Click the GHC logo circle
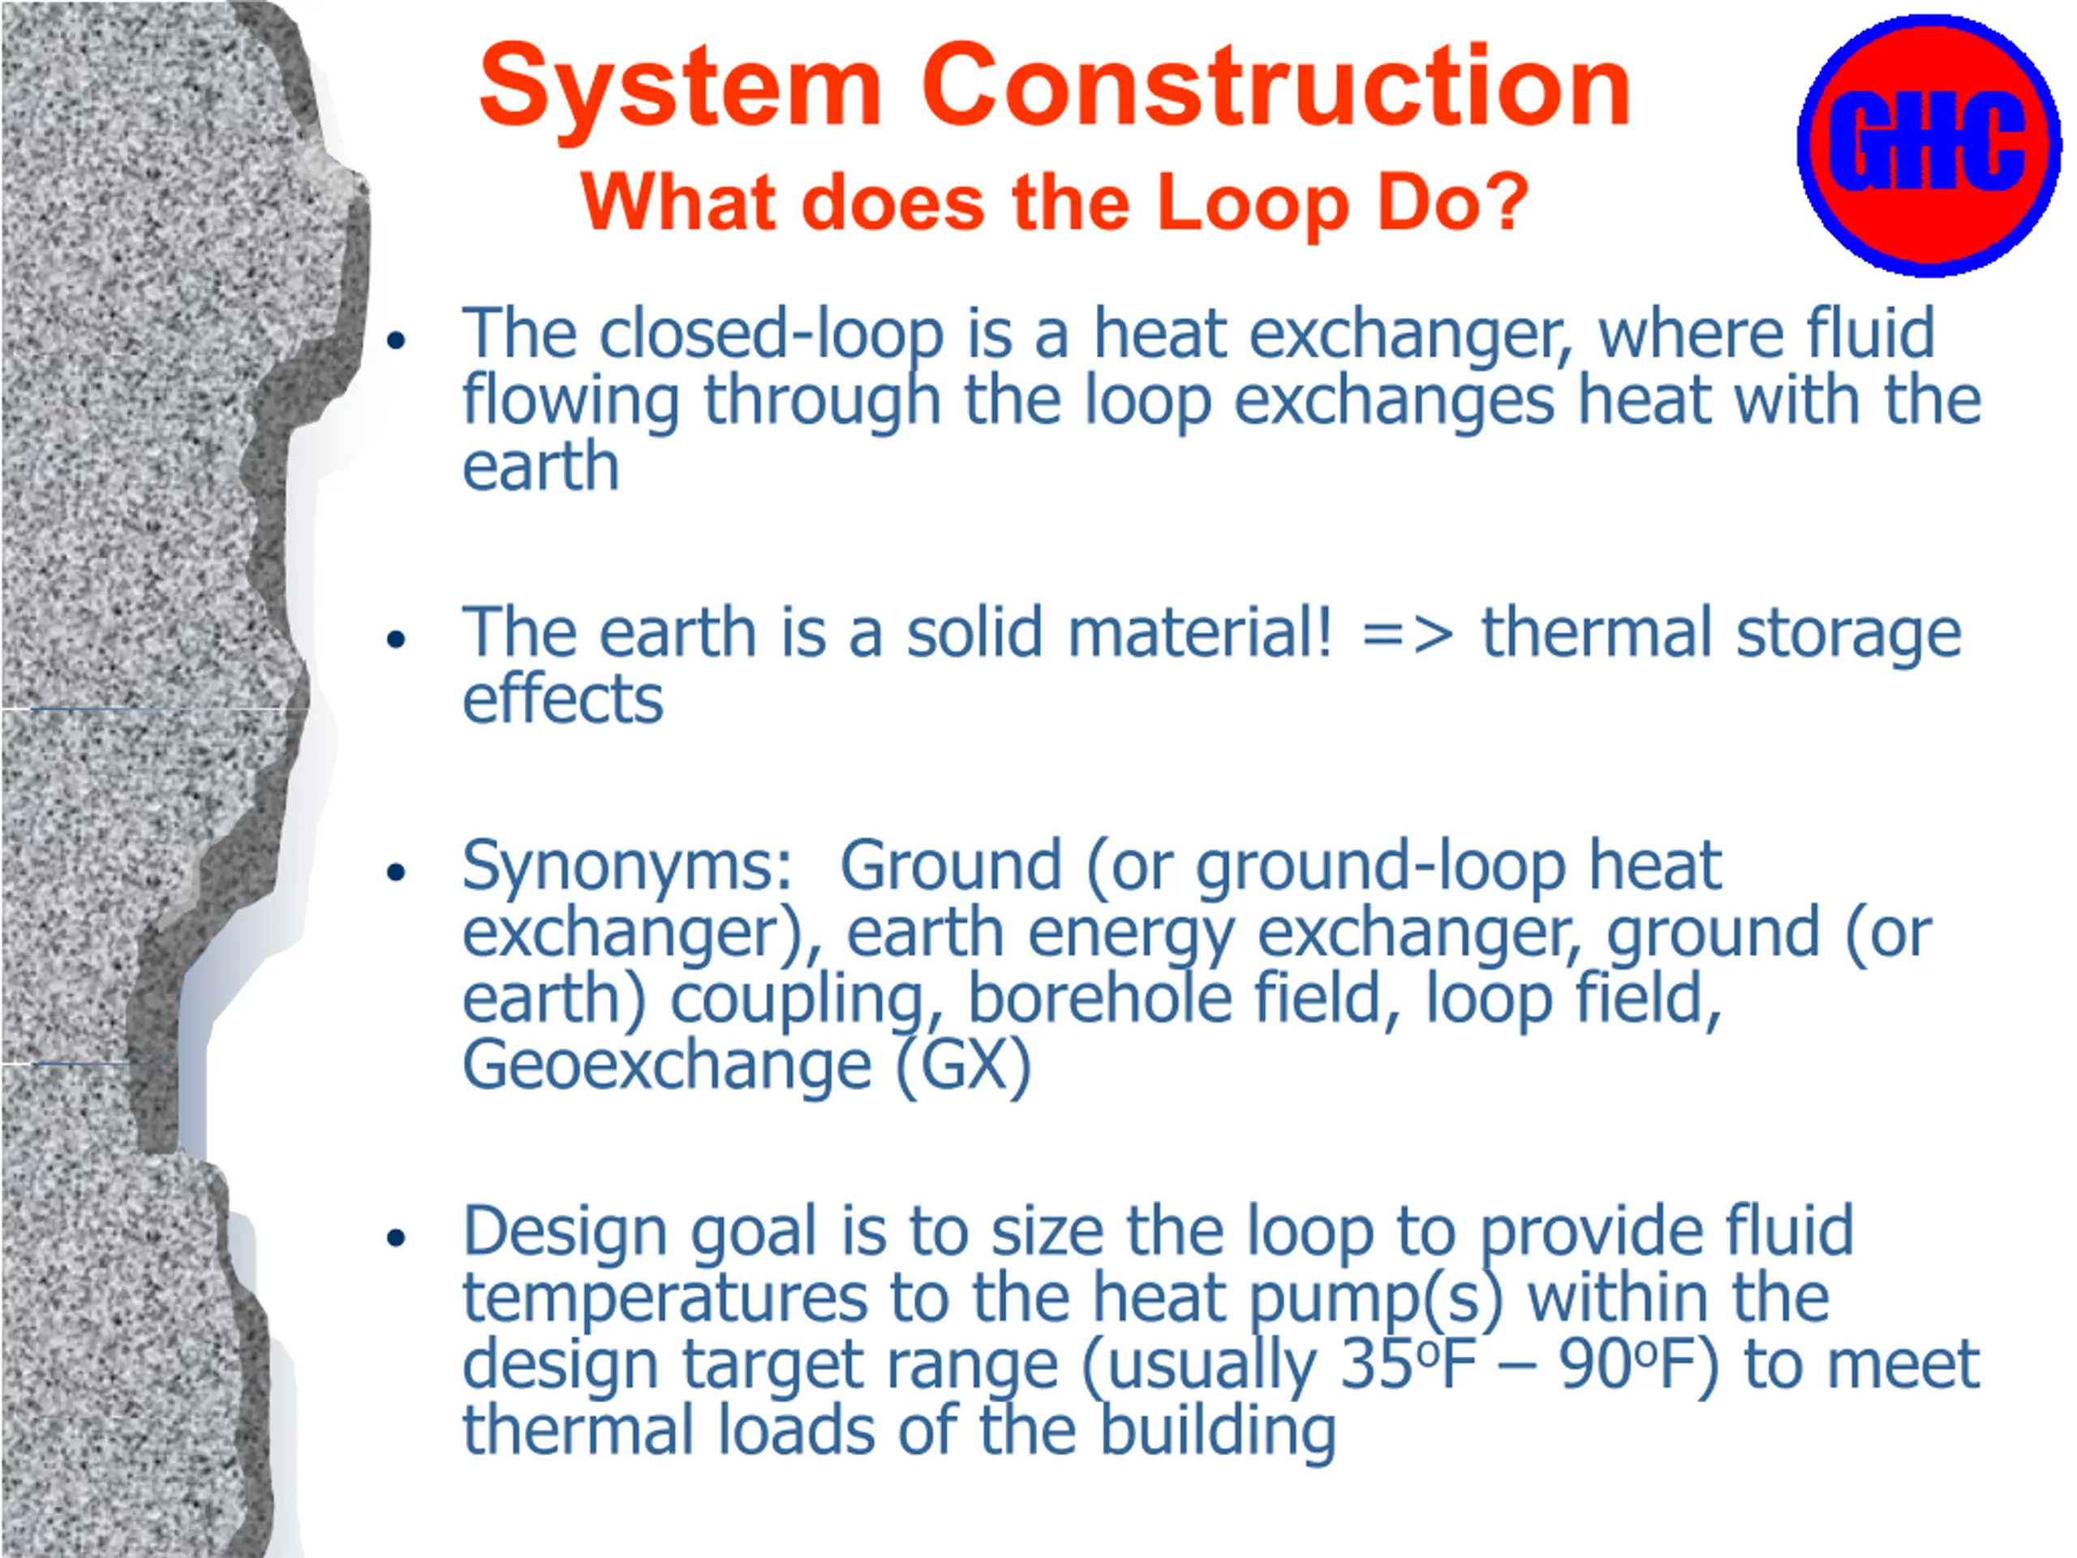[1929, 145]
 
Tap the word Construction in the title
[1276, 85]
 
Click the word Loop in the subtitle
[1254, 205]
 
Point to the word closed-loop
[771, 335]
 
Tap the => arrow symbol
[1408, 635]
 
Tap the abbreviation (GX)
[963, 1067]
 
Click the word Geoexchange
[668, 1068]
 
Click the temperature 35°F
[1408, 1363]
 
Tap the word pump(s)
[1375, 1301]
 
